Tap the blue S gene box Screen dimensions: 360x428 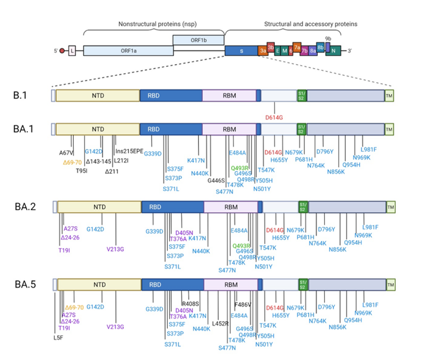coord(241,51)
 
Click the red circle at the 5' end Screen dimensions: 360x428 coord(62,51)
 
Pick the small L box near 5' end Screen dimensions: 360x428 coord(72,51)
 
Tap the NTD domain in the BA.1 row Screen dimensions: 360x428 coord(97,129)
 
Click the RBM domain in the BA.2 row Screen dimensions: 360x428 coord(231,207)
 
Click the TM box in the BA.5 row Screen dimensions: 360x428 coord(390,286)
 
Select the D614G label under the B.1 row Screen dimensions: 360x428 coord(274,117)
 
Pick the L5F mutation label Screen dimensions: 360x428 coord(57,337)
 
